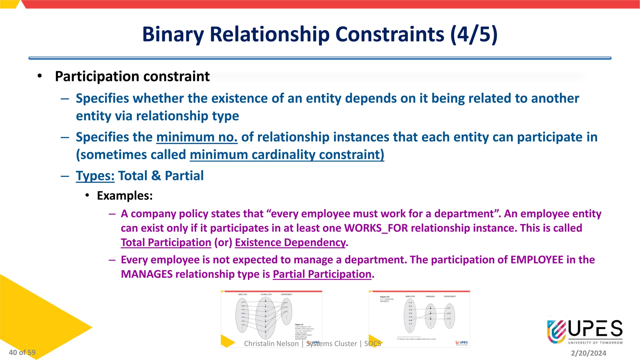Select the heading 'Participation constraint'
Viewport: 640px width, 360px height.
coord(132,77)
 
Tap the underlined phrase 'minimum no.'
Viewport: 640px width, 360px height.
coord(197,137)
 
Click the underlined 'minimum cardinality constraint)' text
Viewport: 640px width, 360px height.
coord(287,155)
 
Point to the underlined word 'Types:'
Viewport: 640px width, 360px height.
coord(95,176)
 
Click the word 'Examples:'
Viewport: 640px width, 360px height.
coord(125,196)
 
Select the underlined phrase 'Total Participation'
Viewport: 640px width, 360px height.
coord(166,242)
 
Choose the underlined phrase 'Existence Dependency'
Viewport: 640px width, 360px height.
coord(290,242)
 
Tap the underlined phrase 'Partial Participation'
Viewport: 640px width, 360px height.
coord(322,274)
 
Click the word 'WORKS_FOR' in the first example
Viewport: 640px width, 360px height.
coord(376,228)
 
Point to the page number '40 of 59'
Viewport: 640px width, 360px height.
coord(22,352)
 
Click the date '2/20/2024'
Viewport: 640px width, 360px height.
coord(588,353)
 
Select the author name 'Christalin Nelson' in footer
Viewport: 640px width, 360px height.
coord(271,343)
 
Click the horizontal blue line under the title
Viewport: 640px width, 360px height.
coord(320,58)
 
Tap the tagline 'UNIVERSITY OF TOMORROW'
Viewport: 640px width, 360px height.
coord(595,343)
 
